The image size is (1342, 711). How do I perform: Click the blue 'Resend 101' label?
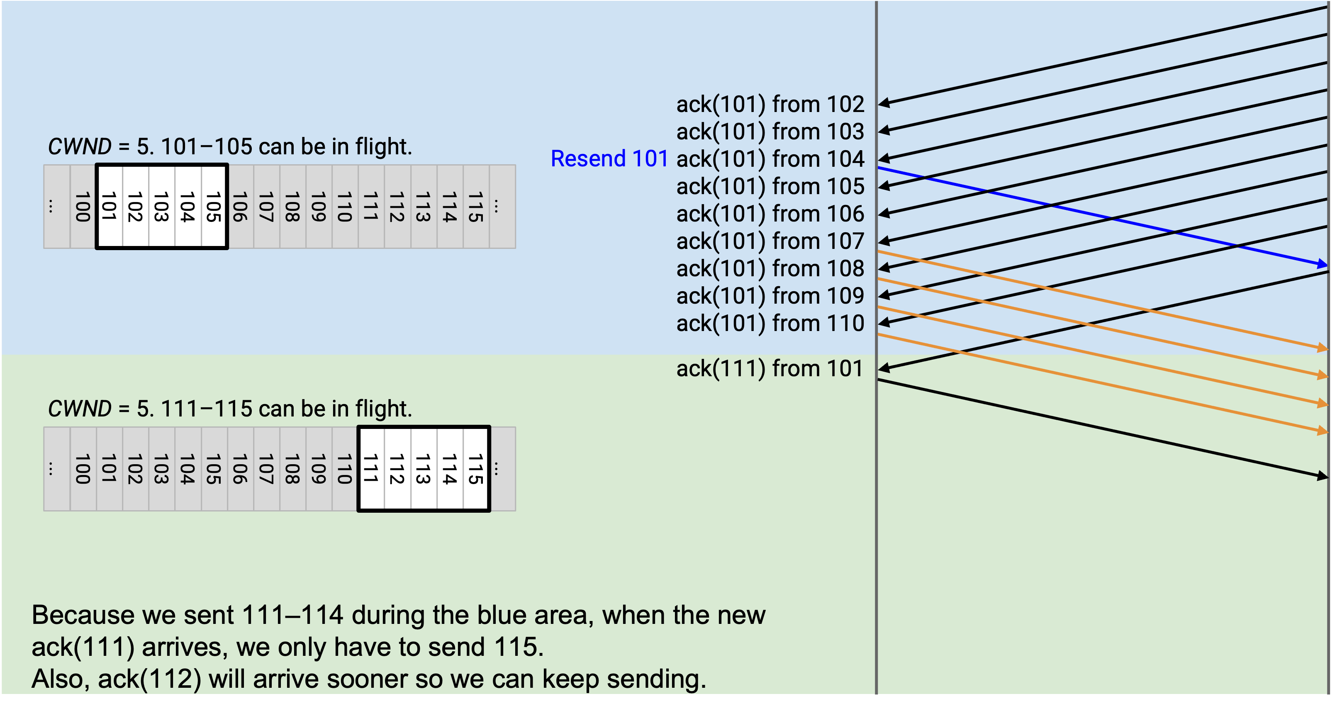(609, 158)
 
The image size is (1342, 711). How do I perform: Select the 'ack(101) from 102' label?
(770, 104)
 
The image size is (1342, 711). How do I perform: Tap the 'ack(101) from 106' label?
(770, 214)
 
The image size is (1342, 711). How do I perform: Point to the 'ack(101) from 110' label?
(770, 323)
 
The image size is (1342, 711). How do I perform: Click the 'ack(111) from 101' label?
(770, 368)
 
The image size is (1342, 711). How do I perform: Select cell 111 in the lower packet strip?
(371, 469)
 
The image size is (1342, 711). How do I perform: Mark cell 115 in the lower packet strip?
(476, 469)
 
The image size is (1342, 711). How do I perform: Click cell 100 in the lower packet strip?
(83, 469)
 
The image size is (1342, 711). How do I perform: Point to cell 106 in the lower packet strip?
(240, 469)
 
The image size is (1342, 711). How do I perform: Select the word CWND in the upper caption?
(80, 146)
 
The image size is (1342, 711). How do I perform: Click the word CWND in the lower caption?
(80, 409)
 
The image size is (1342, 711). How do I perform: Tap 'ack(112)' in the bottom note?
(149, 679)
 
